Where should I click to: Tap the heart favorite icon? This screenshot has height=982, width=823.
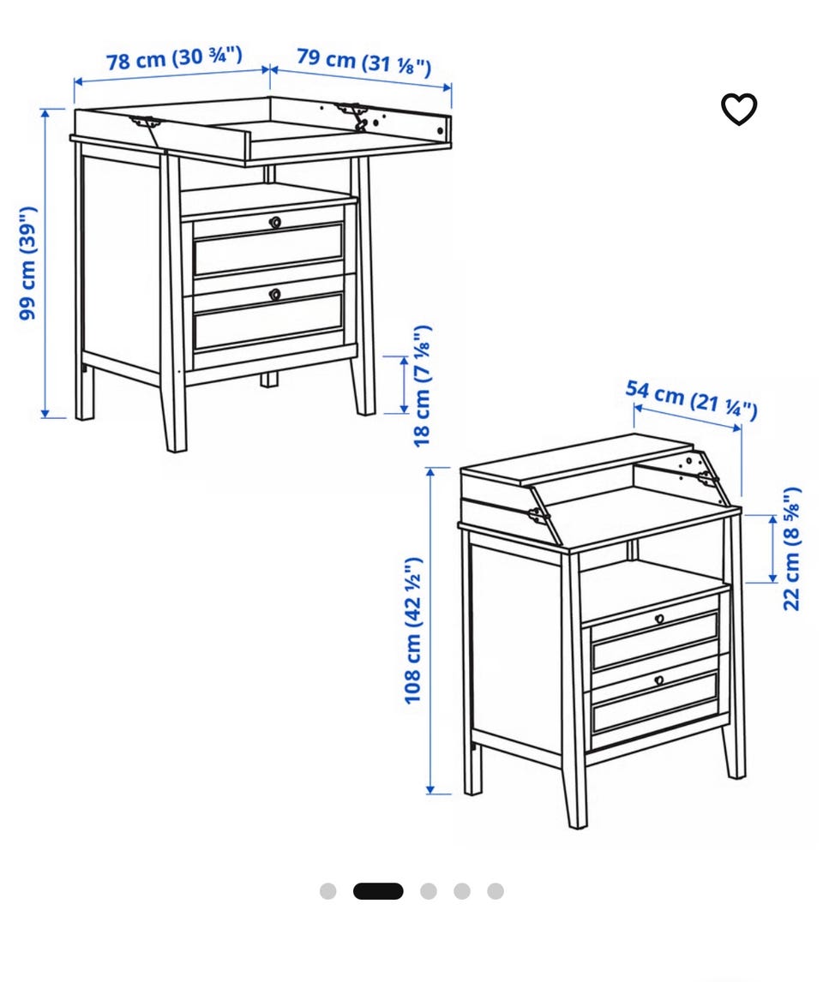(739, 109)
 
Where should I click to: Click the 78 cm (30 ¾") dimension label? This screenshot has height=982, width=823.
(173, 58)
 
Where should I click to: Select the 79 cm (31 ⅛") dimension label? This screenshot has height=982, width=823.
(363, 61)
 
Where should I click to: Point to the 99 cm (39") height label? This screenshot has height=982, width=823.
(28, 263)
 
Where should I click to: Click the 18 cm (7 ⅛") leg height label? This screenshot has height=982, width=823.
(423, 385)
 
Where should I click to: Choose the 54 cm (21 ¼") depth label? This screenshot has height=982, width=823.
(692, 398)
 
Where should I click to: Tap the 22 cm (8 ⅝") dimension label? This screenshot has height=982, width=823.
(791, 548)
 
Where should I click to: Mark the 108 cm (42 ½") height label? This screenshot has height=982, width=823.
(412, 630)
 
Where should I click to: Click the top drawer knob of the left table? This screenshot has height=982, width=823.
(275, 222)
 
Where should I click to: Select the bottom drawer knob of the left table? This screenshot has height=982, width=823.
(275, 294)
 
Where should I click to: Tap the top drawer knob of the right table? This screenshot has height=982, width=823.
(659, 620)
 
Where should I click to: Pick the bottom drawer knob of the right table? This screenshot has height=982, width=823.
(659, 680)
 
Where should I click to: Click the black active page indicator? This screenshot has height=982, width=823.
(378, 891)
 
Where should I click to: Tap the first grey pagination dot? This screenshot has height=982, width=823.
(327, 891)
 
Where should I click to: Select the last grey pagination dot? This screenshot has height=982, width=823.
(496, 891)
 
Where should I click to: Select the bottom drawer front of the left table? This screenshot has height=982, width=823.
(268, 320)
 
